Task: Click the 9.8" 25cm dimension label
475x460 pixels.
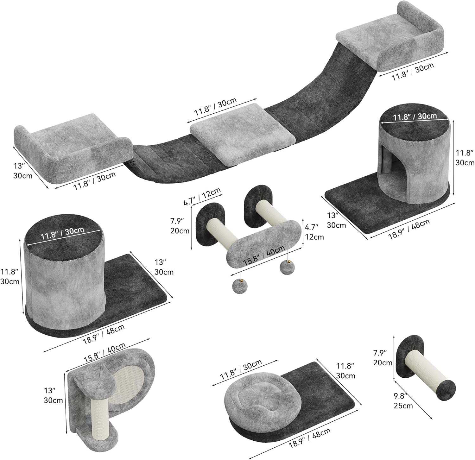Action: tap(403, 401)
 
